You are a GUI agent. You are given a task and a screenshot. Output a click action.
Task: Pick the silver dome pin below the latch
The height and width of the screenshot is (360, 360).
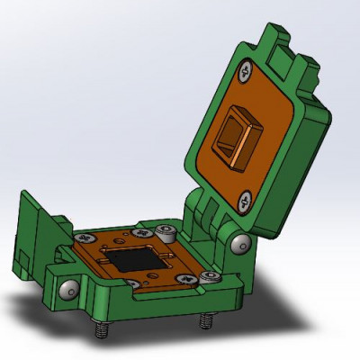(x=67, y=289)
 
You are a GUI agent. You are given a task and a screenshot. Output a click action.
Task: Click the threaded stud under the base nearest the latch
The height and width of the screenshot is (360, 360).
(x=100, y=331)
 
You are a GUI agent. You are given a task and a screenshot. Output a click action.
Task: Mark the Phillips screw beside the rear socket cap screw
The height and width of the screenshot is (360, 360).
(x=141, y=231)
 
